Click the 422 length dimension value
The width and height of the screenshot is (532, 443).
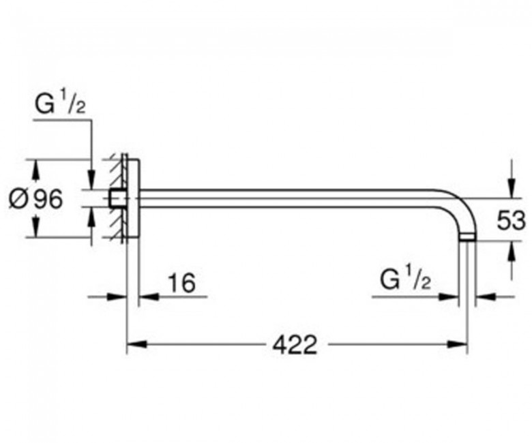point(295,345)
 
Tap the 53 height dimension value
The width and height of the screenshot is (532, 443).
point(511,220)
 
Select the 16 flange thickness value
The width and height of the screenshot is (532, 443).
point(182,283)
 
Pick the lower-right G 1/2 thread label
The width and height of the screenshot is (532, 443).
point(405,280)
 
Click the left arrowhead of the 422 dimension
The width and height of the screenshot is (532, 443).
point(136,344)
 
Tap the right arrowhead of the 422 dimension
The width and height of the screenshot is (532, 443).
point(457,344)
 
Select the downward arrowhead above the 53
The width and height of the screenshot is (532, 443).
point(512,187)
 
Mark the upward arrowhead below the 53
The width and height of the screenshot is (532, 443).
point(512,251)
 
